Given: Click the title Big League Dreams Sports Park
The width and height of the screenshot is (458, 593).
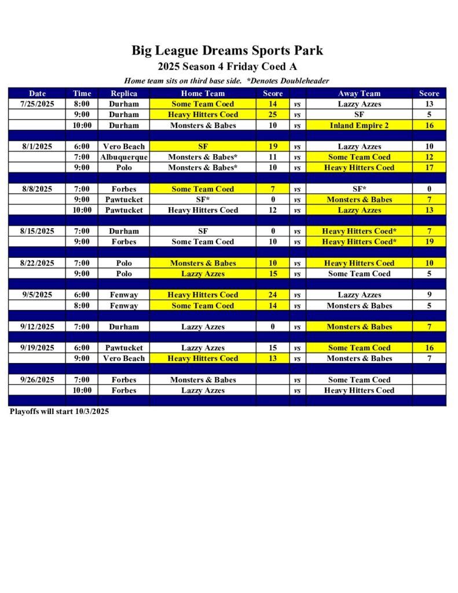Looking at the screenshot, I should pos(227,50).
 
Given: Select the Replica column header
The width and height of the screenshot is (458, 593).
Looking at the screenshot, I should pos(124,93).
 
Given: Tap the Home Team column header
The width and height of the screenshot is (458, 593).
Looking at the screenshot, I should pos(203,93).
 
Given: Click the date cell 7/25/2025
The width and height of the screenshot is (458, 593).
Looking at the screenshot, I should pos(38,104).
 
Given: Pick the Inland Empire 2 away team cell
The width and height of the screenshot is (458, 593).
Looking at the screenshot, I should pos(359,125).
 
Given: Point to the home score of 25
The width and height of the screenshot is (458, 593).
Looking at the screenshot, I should pos(273,115).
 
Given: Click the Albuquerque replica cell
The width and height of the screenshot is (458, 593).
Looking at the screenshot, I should pos(124,157).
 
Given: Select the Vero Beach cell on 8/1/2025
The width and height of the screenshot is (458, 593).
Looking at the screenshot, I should pos(124,147).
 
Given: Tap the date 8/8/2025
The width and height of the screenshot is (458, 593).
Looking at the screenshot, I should pos(38,189).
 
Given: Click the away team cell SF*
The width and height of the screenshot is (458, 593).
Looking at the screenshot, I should pos(359,189).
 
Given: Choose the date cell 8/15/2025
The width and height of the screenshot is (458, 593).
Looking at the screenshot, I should pos(38,231).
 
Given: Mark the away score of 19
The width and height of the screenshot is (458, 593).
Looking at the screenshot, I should pos(429,241).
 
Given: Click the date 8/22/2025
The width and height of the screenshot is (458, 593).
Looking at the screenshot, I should pos(38,263).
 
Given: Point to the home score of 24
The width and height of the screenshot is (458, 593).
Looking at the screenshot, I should pos(273,295).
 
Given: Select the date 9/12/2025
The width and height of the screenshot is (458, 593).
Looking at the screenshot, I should pos(38,327).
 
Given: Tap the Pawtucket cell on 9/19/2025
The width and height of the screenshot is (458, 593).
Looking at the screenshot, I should pos(124,348).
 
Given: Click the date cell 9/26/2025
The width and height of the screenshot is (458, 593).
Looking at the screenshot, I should pos(38,380).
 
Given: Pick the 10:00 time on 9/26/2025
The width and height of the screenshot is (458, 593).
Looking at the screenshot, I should pos(82,390).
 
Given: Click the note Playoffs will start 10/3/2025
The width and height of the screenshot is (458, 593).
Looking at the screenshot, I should pos(59,412).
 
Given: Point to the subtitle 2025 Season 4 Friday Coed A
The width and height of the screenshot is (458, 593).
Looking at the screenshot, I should pos(227,67).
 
